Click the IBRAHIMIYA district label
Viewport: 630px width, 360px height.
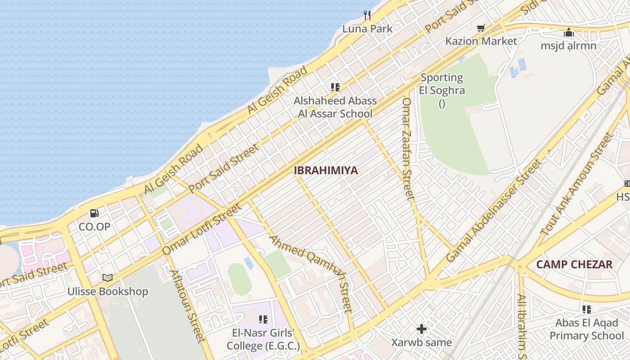326,171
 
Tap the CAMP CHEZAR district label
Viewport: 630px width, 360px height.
575,264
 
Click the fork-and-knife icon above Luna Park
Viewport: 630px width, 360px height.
367,15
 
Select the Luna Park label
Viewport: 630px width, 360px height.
367,29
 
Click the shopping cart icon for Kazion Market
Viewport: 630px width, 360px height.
481,28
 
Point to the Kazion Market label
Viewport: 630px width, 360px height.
481,41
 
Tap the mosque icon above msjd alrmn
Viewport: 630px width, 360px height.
569,32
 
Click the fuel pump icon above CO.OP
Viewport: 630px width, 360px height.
94,213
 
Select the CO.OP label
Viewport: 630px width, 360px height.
94,226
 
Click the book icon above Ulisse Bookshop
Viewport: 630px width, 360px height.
108,278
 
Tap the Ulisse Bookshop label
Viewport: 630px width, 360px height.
108,292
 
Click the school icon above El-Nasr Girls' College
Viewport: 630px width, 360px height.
263,319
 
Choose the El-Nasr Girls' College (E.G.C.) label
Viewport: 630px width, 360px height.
263,340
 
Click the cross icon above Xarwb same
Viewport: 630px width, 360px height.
422,329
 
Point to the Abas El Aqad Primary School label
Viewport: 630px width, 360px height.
586,329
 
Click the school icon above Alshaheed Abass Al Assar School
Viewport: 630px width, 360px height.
335,87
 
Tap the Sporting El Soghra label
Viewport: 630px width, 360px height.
441,84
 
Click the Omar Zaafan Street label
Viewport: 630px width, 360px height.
407,148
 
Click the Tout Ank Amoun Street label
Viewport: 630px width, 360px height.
577,184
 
